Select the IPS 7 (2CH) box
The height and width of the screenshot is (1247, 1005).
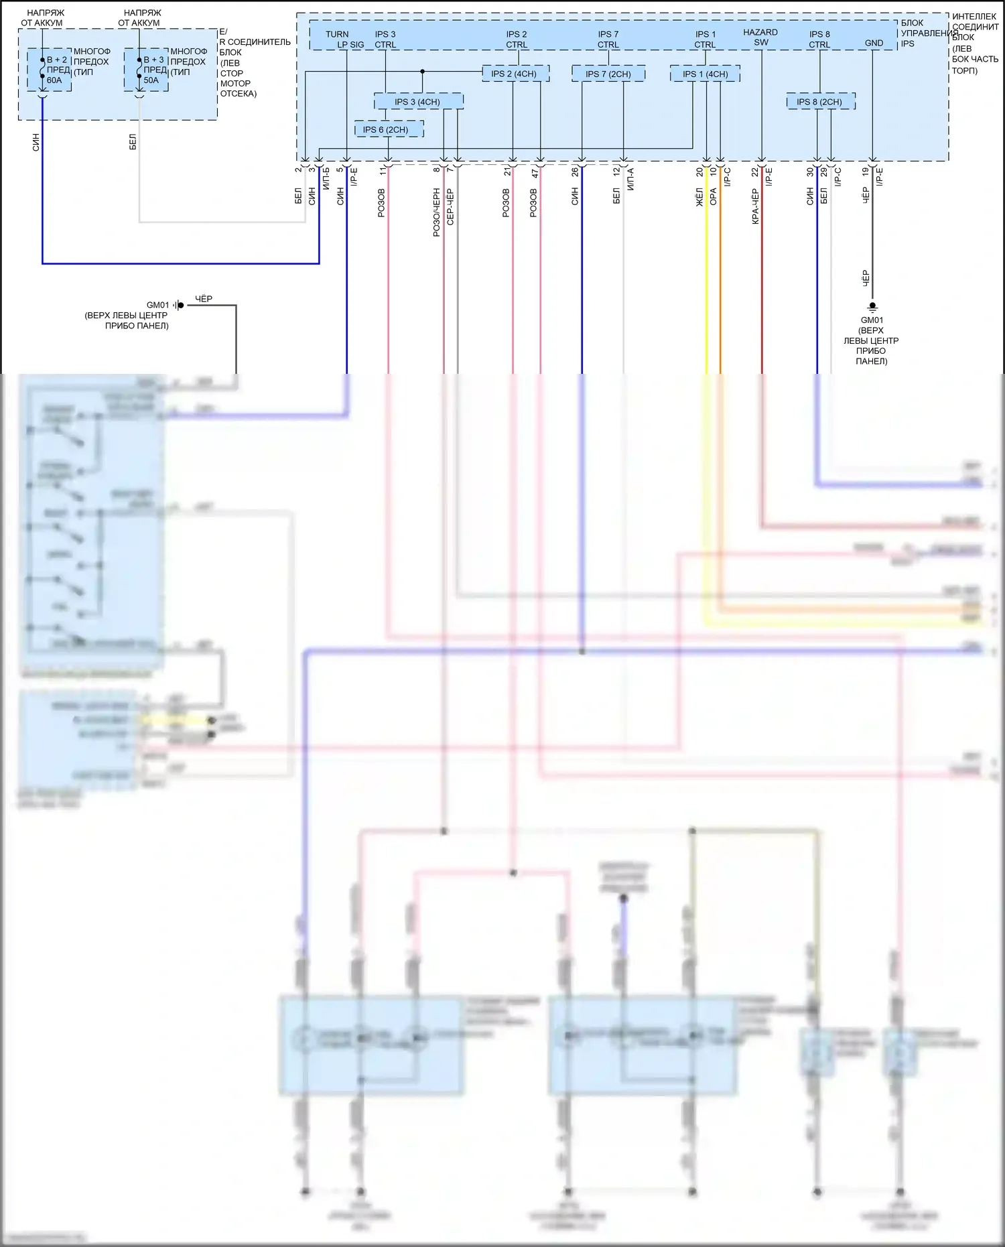click(x=608, y=74)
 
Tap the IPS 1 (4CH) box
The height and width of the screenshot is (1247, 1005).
click(x=705, y=74)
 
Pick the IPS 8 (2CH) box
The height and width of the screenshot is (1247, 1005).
click(x=820, y=102)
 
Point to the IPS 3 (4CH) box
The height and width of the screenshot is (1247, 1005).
click(x=418, y=102)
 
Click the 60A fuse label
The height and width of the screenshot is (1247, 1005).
click(x=54, y=80)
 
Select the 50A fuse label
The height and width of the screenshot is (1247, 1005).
click(x=151, y=80)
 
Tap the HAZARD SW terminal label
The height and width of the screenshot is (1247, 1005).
click(x=760, y=38)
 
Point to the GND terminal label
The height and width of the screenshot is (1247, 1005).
click(x=874, y=43)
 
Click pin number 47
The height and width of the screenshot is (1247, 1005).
click(x=535, y=173)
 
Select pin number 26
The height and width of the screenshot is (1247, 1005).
click(x=575, y=172)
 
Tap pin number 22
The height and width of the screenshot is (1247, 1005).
click(x=754, y=172)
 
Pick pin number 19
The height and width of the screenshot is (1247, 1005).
click(x=866, y=172)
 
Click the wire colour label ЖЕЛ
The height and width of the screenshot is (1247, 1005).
click(x=699, y=197)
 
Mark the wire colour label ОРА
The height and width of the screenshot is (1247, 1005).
click(x=714, y=196)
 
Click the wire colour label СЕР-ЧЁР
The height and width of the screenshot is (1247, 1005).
click(x=450, y=206)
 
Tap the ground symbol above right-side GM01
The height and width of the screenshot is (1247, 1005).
click(x=872, y=307)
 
